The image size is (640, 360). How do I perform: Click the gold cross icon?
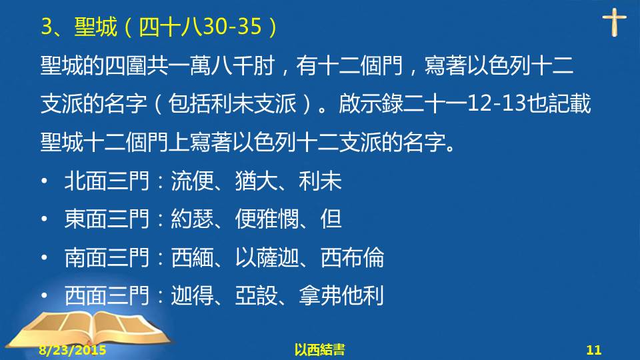pos(614,23)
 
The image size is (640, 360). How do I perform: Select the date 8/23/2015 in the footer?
pos(73,350)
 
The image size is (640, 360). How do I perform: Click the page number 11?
pos(594,350)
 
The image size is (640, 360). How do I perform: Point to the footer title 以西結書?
pos(319,350)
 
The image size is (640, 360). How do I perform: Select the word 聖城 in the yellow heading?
pos(95,27)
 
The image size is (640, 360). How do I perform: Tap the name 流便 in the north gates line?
pos(192,181)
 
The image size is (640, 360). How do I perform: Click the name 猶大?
pos(256,181)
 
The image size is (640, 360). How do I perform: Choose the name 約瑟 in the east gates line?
pos(192,219)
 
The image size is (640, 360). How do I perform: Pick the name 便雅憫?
pos(267,219)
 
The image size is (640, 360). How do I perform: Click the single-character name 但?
pos(331,219)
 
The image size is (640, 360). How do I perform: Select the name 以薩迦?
pos(267,257)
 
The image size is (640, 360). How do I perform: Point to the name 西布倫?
pos(352,257)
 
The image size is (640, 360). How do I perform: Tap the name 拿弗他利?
pos(341,296)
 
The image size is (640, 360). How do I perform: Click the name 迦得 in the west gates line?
pos(192,296)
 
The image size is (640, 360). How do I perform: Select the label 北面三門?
pos(107,181)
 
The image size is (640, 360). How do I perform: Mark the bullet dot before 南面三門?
pos(45,257)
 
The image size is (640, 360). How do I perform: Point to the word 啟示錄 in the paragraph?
pos(371,103)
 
